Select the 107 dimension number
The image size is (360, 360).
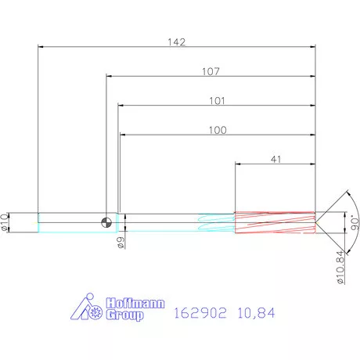210,71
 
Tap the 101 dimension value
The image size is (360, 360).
218,101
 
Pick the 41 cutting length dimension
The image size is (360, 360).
275,159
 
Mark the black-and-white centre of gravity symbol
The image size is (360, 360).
105,222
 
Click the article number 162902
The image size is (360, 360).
196,312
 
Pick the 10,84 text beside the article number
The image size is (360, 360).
257,312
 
